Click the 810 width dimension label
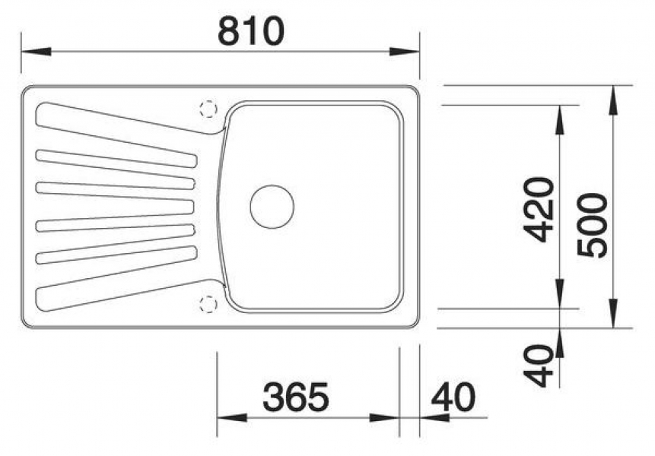point(250,31)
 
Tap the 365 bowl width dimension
point(296,396)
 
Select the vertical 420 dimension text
point(539,210)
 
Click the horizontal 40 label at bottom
point(453,396)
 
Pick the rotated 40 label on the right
point(539,366)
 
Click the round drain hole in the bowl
point(272,207)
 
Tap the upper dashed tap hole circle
point(208,109)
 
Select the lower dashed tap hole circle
point(208,304)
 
